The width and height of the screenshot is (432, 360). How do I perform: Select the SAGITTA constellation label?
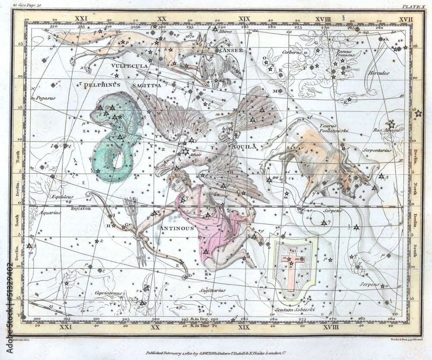[146, 86]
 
